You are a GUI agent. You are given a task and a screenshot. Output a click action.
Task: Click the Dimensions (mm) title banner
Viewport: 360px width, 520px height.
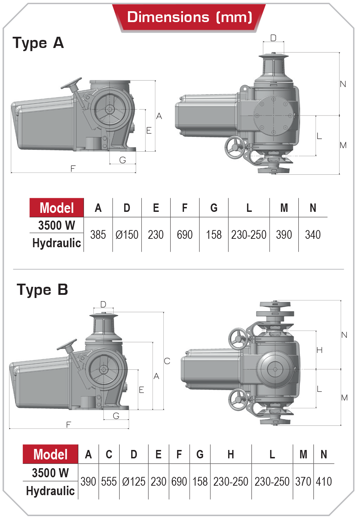189,17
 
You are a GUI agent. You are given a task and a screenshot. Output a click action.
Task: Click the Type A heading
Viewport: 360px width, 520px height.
38,43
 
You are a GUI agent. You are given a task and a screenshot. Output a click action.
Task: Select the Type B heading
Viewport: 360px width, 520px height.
42,290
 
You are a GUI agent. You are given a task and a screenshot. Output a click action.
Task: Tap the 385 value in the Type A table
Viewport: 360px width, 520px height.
98,235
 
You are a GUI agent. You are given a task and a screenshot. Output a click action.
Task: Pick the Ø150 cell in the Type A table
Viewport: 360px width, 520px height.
127,235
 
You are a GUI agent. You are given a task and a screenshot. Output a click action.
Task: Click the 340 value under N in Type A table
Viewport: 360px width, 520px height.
313,235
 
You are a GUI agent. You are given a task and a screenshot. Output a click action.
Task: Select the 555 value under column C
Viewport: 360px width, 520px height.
109,482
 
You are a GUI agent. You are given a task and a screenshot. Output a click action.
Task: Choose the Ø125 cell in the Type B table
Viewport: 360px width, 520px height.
134,482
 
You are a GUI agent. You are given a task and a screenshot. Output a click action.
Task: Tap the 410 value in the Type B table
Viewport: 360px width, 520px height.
324,482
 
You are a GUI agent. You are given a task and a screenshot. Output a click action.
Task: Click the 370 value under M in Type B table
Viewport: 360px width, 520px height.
303,482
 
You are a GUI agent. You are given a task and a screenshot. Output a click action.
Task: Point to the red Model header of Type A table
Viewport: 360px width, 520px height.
57,208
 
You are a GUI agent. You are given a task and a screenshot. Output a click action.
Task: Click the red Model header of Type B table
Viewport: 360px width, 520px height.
50,455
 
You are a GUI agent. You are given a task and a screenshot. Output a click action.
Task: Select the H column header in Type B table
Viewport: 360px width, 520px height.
231,455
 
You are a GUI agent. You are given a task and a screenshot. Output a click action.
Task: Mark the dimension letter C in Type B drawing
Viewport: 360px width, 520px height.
167,361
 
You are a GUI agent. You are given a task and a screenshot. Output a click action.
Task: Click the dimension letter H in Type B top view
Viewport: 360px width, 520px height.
319,350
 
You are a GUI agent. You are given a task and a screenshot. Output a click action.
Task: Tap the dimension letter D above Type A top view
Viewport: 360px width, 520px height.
273,38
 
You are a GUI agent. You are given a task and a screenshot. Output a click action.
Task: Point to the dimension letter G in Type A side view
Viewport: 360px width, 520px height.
122,160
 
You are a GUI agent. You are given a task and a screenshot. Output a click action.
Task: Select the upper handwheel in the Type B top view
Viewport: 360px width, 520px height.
238,339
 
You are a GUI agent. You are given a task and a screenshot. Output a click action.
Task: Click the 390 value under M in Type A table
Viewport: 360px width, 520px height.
284,235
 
